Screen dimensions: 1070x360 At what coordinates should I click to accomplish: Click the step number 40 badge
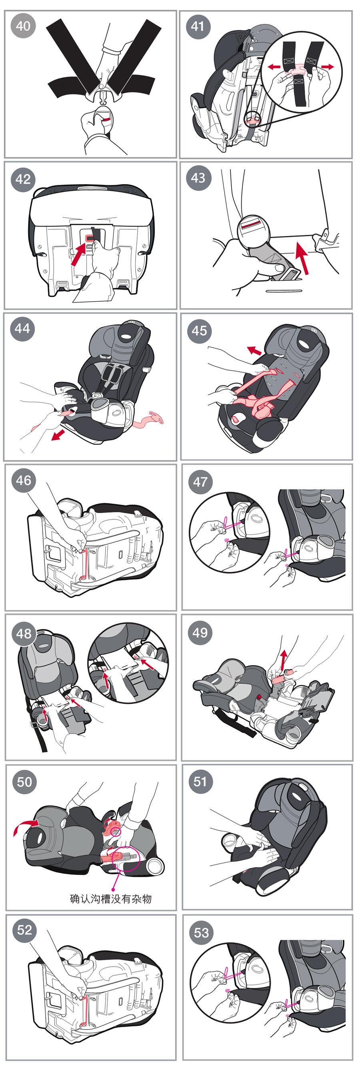click(23, 26)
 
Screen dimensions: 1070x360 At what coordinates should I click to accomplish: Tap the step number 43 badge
click(198, 178)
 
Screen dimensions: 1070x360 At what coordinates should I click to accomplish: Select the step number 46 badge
click(23, 480)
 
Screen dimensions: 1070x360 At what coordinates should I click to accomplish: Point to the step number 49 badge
click(200, 632)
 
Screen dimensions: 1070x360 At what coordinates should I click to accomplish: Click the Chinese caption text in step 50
click(111, 898)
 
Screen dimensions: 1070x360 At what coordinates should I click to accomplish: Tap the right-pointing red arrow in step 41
click(327, 66)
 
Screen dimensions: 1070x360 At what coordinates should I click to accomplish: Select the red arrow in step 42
click(79, 254)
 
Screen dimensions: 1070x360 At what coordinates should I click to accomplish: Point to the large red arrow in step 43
click(303, 258)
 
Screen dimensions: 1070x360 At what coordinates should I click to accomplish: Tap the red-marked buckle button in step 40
click(106, 118)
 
